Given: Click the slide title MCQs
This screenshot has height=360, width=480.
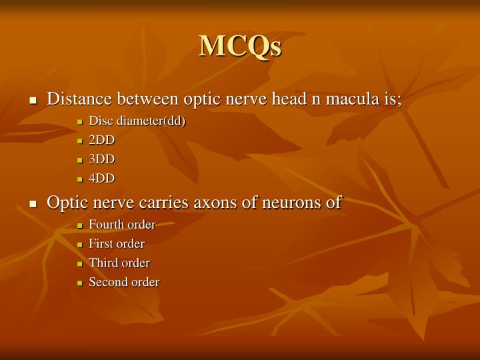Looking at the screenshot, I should coord(240,45).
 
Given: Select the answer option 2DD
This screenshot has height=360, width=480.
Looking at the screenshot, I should coord(102,140).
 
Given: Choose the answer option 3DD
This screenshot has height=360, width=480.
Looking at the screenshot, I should coord(102,159).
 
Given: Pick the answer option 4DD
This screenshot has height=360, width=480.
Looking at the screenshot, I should coord(102,178).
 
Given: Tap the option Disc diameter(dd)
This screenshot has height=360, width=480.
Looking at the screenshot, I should coord(137,121).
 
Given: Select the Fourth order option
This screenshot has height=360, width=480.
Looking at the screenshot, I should coord(122,225).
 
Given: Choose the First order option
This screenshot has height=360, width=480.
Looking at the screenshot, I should coord(117,244).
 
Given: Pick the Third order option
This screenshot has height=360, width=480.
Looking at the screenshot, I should coord(119,263).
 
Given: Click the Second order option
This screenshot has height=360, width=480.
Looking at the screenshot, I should coord(124,282).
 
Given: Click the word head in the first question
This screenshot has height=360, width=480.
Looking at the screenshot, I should coord(291,99).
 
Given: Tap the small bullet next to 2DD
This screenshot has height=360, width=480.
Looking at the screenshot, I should coord(80,141).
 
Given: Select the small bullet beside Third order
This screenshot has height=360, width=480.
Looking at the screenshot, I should coord(80,264).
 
